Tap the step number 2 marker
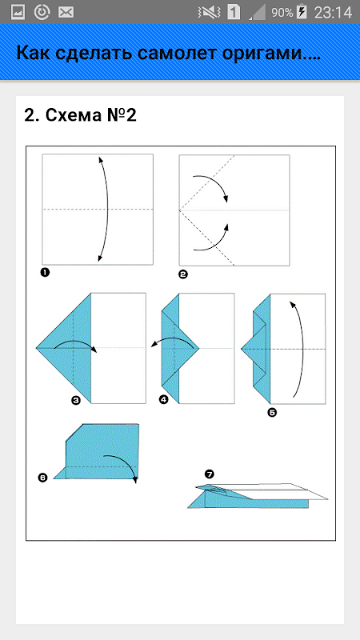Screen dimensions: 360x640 click(x=183, y=274)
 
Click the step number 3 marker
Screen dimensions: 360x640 click(x=75, y=401)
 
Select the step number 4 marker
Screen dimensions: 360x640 click(x=164, y=399)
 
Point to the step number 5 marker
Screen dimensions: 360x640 click(x=272, y=413)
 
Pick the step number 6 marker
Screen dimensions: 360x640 click(x=42, y=477)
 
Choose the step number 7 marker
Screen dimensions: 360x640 click(x=210, y=474)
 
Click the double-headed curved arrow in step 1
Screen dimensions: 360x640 click(x=108, y=209)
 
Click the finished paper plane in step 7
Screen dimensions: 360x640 click(x=258, y=495)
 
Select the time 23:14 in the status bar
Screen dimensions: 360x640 click(x=333, y=13)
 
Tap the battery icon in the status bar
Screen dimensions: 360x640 click(x=302, y=12)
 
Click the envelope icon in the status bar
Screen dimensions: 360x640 click(x=66, y=13)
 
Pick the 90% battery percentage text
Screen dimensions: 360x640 click(x=282, y=13)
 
